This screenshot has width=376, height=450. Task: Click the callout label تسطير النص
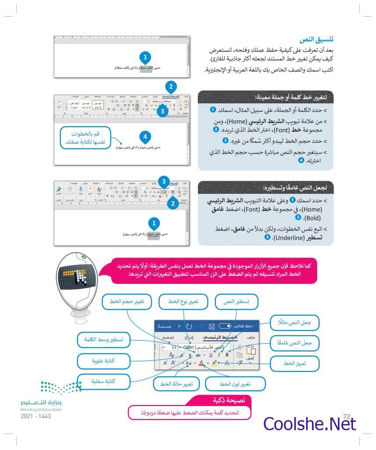click(237, 301)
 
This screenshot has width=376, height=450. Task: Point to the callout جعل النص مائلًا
click(294, 323)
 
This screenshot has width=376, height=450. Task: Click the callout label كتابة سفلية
click(104, 381)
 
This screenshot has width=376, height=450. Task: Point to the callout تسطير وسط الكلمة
click(104, 340)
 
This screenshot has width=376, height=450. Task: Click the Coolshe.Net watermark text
click(309, 424)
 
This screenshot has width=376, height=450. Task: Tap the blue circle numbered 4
click(145, 136)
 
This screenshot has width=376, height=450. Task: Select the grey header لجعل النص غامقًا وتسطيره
click(265, 188)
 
